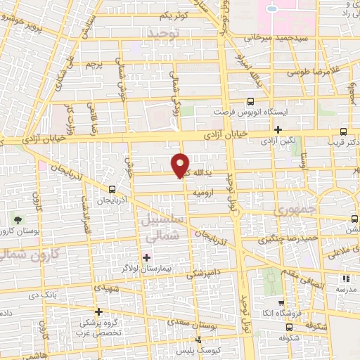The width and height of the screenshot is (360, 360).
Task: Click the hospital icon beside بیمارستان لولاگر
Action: pos(146,255)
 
